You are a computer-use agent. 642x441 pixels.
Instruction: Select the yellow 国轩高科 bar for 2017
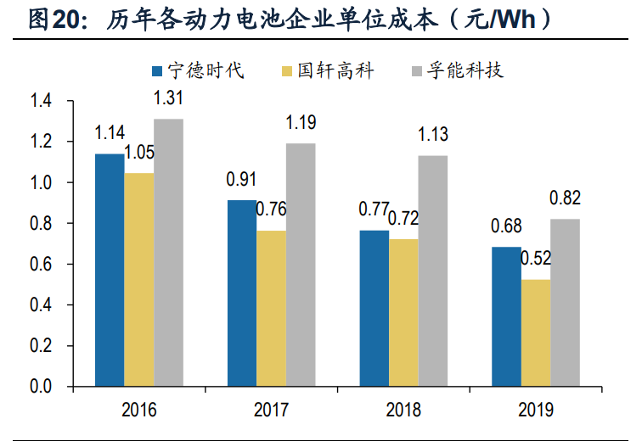271,309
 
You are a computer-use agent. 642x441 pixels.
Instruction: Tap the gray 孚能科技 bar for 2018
432,271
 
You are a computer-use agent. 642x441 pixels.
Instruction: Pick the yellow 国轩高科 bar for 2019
535,333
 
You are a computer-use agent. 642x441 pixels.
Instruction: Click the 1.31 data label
168,98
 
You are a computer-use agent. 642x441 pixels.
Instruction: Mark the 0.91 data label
241,180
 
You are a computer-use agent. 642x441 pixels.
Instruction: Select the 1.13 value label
432,135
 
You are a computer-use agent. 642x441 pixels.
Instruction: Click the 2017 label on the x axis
271,411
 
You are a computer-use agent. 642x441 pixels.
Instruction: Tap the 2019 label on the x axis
535,411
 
